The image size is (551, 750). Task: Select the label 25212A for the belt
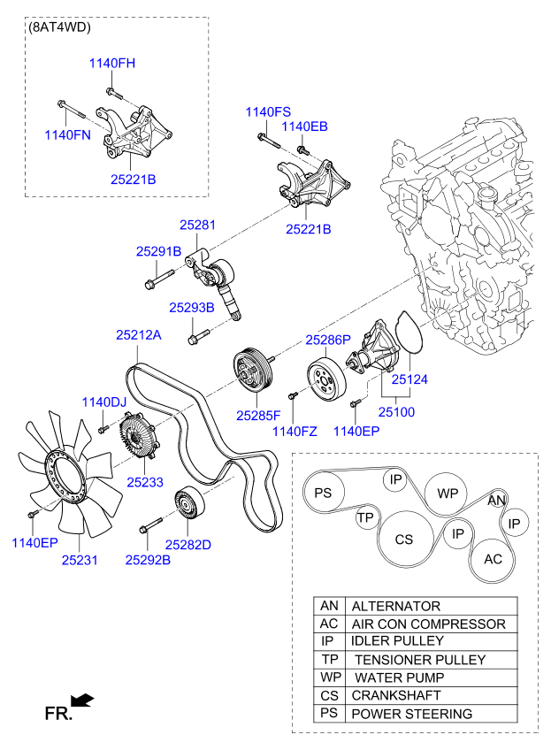tap(139, 335)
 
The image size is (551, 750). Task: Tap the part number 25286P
tap(328, 340)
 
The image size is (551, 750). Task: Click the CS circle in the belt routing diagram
tap(404, 539)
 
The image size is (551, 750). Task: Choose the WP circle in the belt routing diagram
tap(448, 493)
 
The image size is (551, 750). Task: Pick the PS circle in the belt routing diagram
tap(323, 493)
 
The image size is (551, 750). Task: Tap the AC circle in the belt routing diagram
tap(493, 559)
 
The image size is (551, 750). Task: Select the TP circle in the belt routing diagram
tap(366, 517)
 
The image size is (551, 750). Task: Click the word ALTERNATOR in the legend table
tap(395, 607)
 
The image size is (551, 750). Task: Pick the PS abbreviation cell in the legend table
tap(329, 714)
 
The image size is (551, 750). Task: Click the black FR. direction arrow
tap(82, 700)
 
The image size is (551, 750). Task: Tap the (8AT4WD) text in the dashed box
tap(60, 27)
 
